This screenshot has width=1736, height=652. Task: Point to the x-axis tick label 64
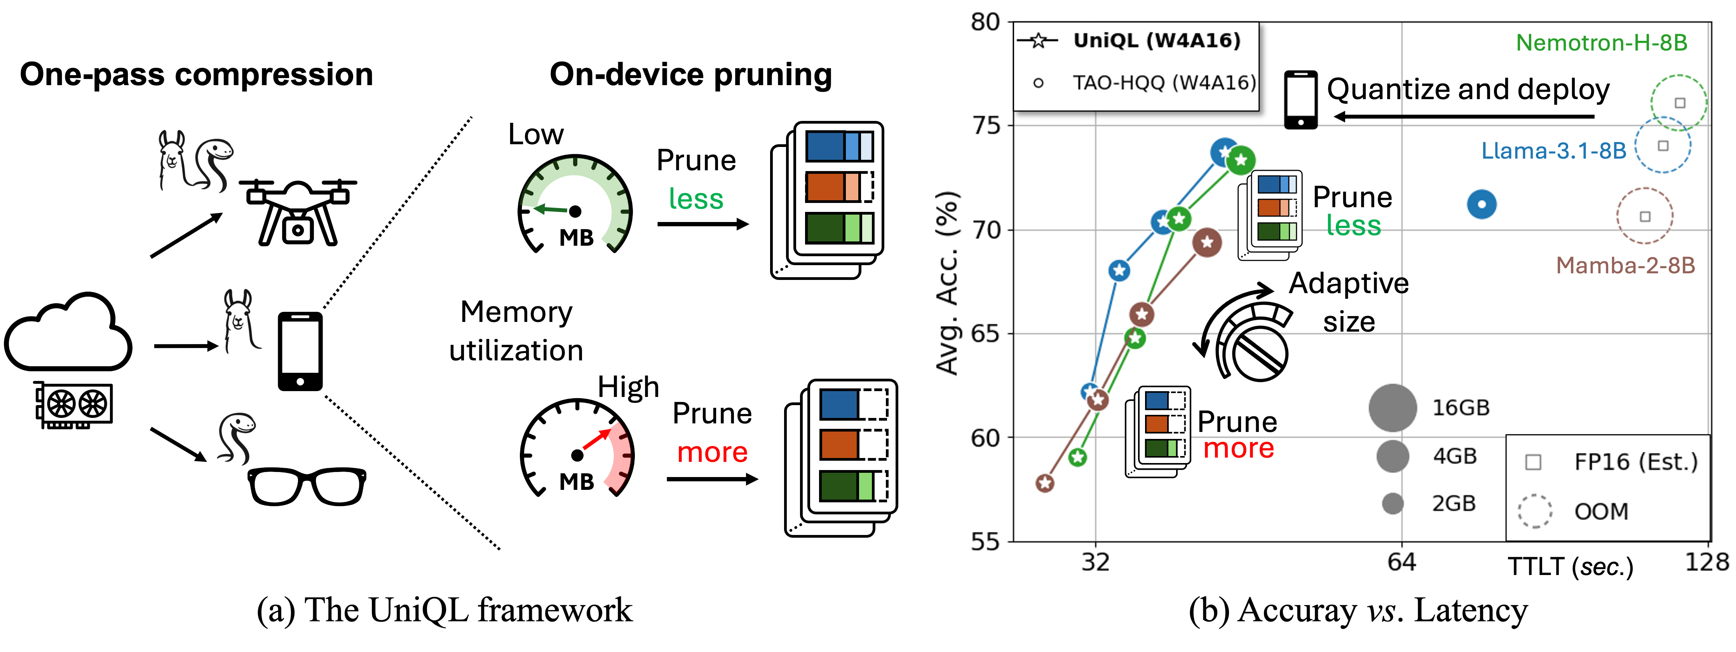point(1402,562)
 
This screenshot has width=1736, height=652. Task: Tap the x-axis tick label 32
point(1095,562)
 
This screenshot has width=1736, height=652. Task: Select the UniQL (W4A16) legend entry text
point(1156,41)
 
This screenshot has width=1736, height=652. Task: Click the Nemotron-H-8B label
point(1601,43)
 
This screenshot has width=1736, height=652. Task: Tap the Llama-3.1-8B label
point(1553,151)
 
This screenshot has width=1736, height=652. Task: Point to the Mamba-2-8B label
point(1626,266)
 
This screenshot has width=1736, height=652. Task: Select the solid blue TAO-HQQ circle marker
point(1481,204)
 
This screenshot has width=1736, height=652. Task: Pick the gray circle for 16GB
point(1392,408)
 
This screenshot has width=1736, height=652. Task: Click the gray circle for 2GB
point(1392,503)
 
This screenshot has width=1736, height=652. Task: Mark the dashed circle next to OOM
point(1534,511)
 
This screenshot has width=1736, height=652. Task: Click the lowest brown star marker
point(1044,483)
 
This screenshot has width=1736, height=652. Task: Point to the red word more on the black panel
point(712,453)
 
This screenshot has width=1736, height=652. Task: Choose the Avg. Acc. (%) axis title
point(948,283)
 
